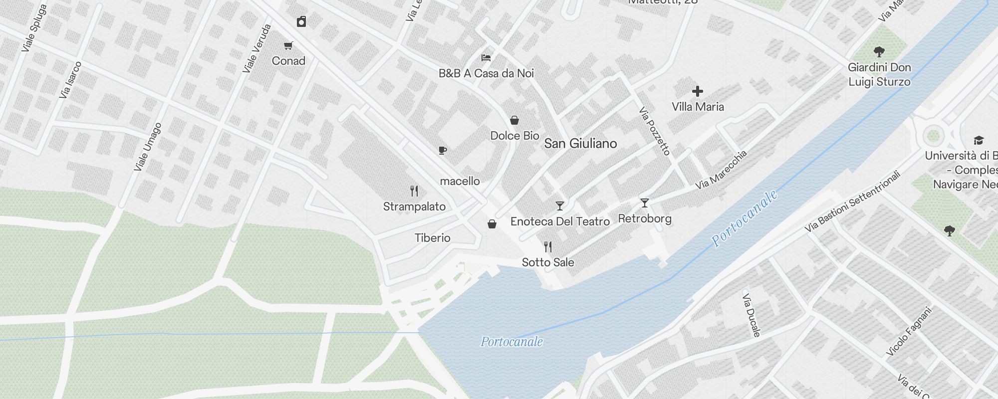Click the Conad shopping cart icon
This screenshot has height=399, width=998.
(288, 46)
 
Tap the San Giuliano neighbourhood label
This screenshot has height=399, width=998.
(580, 144)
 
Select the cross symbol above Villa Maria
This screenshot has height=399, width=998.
(698, 91)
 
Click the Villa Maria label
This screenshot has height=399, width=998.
(698, 107)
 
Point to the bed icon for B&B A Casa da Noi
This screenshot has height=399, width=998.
(486, 58)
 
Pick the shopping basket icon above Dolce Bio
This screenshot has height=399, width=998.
(514, 120)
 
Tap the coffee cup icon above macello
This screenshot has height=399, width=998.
(442, 150)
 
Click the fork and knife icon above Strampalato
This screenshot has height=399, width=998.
(414, 191)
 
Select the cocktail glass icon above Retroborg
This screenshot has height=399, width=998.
(645, 203)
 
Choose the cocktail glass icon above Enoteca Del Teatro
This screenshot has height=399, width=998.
(560, 205)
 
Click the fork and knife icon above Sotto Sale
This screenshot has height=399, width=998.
(548, 246)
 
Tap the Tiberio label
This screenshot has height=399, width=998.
(433, 238)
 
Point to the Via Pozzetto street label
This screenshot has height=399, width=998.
(654, 131)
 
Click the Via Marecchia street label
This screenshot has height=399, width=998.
(721, 170)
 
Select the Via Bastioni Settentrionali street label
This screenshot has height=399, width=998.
(853, 201)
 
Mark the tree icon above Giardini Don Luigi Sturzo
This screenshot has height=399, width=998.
(879, 51)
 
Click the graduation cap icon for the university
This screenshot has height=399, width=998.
(979, 141)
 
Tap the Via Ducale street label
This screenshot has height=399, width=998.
(751, 315)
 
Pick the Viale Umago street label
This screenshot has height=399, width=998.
(148, 147)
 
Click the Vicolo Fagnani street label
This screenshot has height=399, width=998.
(909, 332)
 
